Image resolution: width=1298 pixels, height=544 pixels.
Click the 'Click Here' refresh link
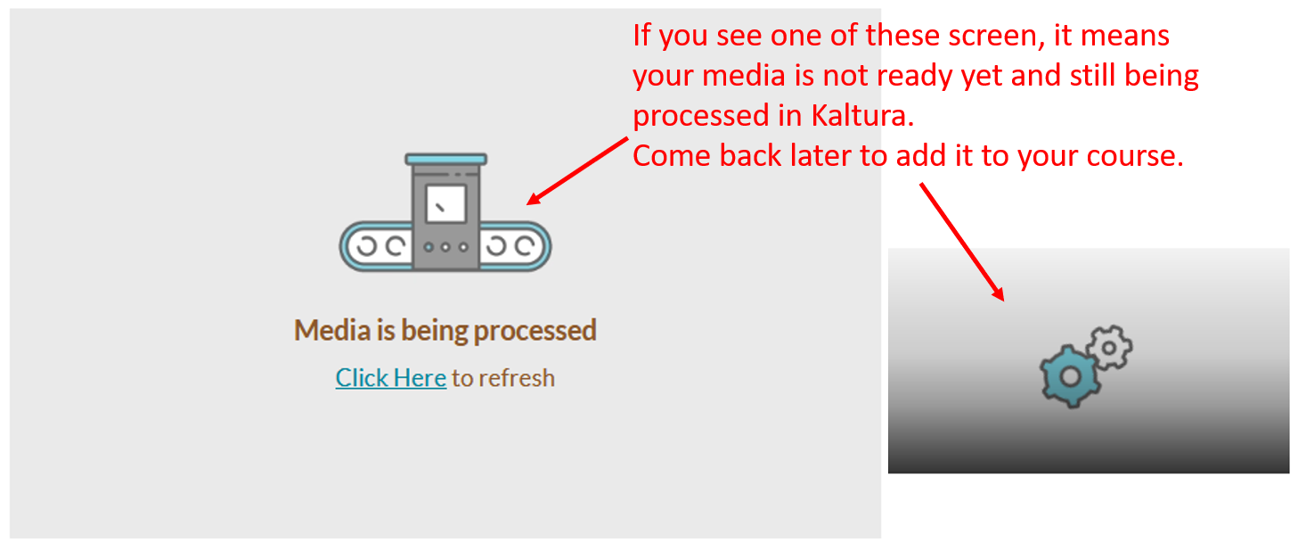(390, 378)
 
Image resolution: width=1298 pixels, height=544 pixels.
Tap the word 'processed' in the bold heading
(535, 331)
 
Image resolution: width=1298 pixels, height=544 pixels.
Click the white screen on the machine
(445, 204)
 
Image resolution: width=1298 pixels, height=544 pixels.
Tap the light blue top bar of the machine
(445, 159)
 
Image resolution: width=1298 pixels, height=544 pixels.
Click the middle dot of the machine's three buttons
(445, 247)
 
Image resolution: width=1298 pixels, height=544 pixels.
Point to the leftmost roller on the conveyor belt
(367, 246)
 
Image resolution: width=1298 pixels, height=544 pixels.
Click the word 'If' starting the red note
(641, 36)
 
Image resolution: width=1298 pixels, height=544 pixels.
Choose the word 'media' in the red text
(743, 76)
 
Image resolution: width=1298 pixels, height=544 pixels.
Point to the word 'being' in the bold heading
(435, 331)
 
